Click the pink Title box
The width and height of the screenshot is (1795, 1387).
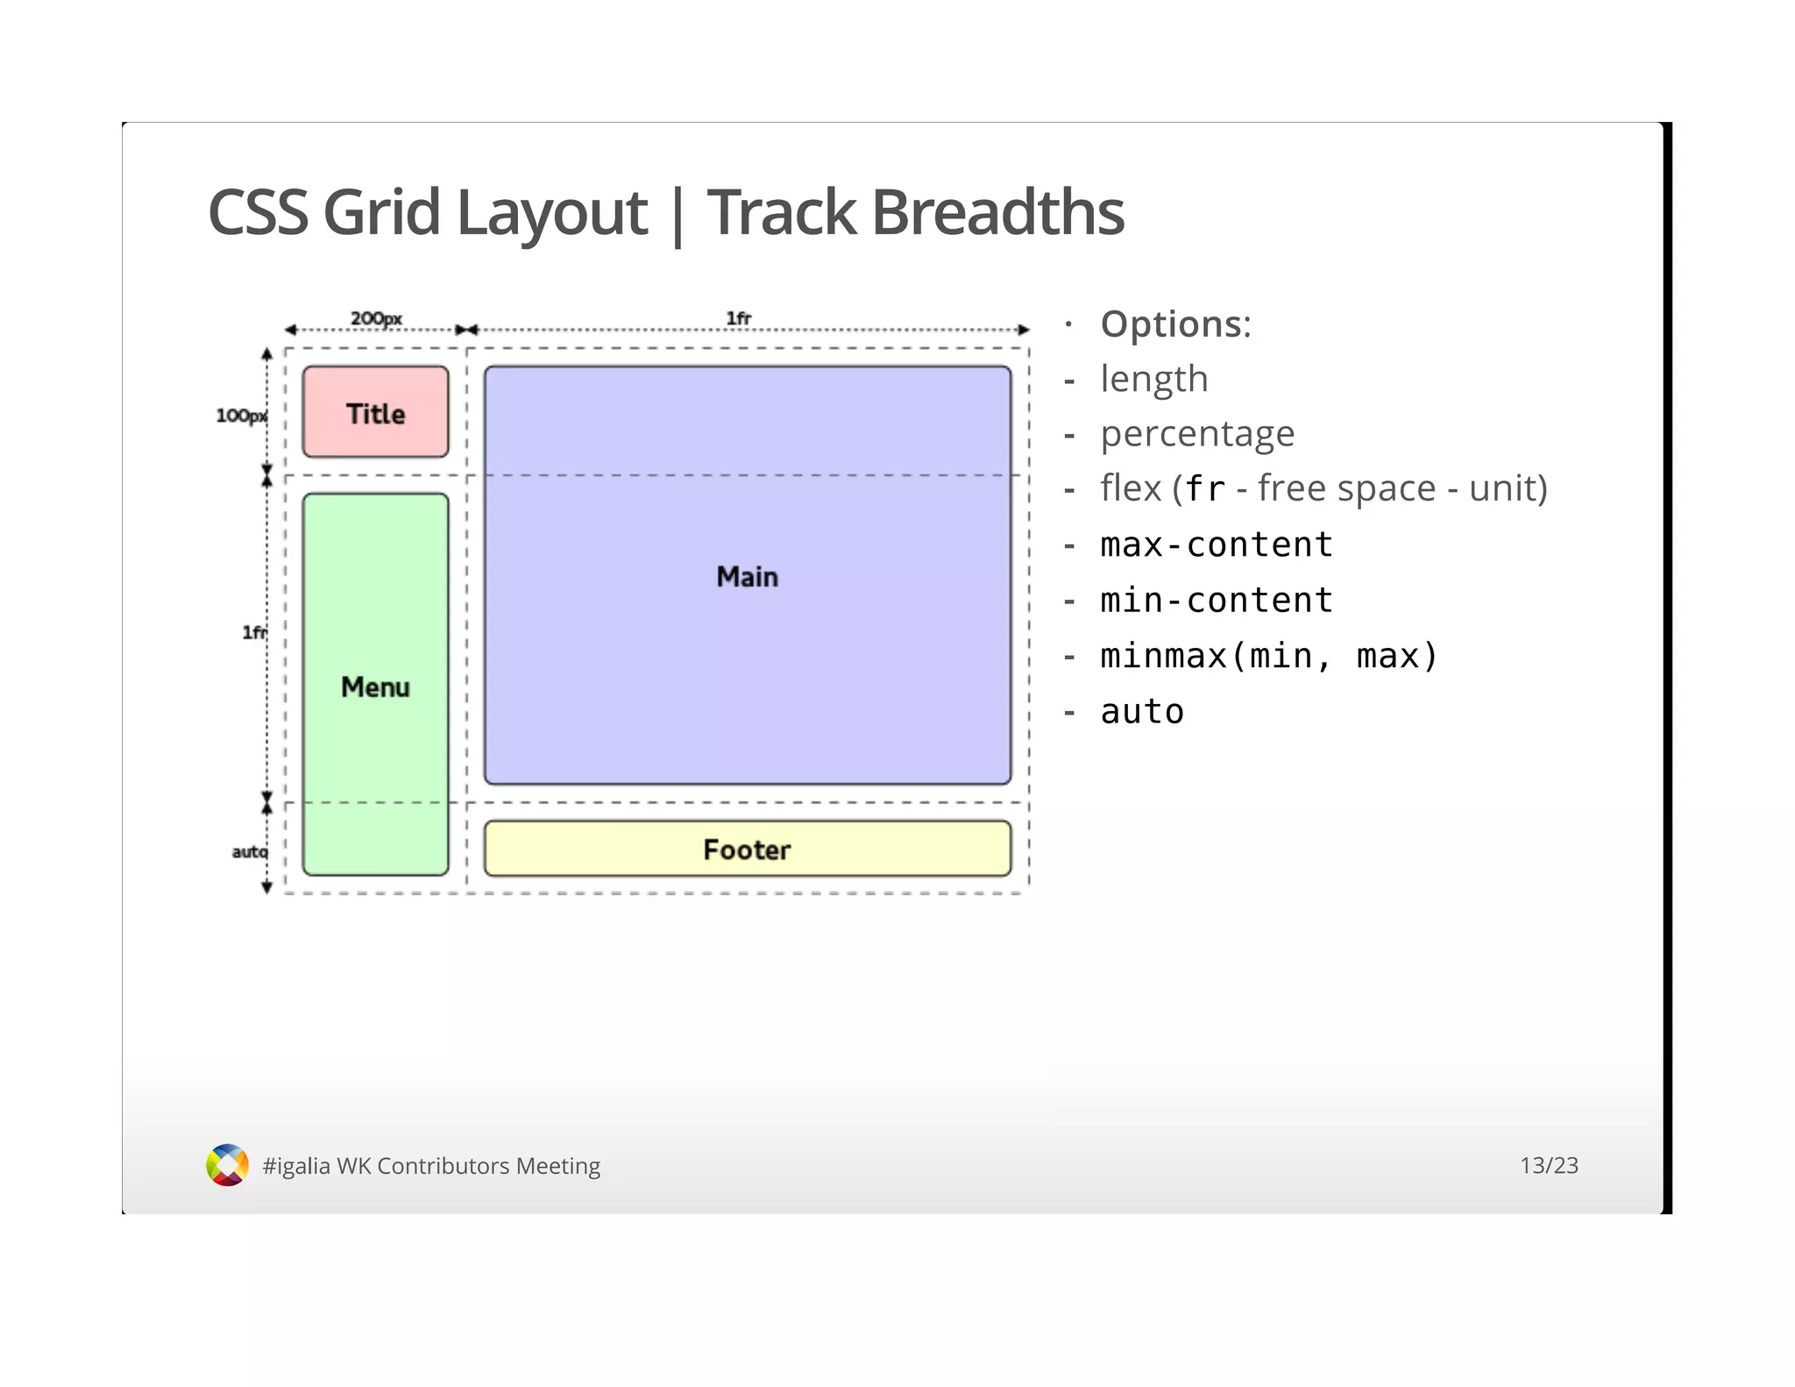[x=375, y=412]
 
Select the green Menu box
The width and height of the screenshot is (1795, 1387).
[x=375, y=685]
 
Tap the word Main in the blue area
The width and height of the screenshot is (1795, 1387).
[x=747, y=576]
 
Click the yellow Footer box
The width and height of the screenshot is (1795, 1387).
[x=747, y=849]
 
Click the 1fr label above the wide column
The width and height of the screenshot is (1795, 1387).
[x=738, y=318]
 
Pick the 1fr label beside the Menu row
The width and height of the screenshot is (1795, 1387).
[x=254, y=632]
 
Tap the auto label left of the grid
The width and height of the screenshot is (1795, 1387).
[x=249, y=851]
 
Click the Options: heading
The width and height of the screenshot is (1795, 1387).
[x=1175, y=324]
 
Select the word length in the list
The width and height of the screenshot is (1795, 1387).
[x=1153, y=379]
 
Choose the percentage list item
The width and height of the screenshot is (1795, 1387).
[x=1196, y=434]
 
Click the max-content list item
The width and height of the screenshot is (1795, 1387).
[x=1216, y=544]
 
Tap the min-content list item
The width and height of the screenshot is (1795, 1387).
[x=1216, y=601]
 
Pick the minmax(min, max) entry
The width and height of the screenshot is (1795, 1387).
[x=1268, y=656]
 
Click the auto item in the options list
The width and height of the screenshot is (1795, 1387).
[x=1141, y=711]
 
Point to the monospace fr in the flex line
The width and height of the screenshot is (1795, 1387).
[x=1205, y=489]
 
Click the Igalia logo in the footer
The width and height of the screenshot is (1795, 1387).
[x=227, y=1164]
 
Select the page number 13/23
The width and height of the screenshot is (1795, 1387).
[x=1548, y=1165]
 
